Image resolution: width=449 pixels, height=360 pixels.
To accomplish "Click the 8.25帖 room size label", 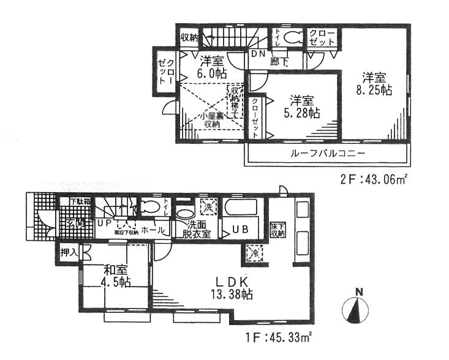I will click(x=375, y=89).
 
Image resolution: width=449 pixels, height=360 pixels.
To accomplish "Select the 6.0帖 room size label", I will click(x=211, y=72).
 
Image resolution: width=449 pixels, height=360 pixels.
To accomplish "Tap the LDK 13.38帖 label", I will click(x=230, y=288).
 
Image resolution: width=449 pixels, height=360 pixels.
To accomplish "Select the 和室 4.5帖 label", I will click(x=116, y=275).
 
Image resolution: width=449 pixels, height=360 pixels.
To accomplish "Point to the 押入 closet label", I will click(x=69, y=251).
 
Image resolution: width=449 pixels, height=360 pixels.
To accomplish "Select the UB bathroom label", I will click(x=238, y=231).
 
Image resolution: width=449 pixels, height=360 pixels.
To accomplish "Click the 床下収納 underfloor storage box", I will click(x=277, y=230).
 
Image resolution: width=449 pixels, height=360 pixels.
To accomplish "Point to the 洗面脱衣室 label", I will click(x=196, y=229).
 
